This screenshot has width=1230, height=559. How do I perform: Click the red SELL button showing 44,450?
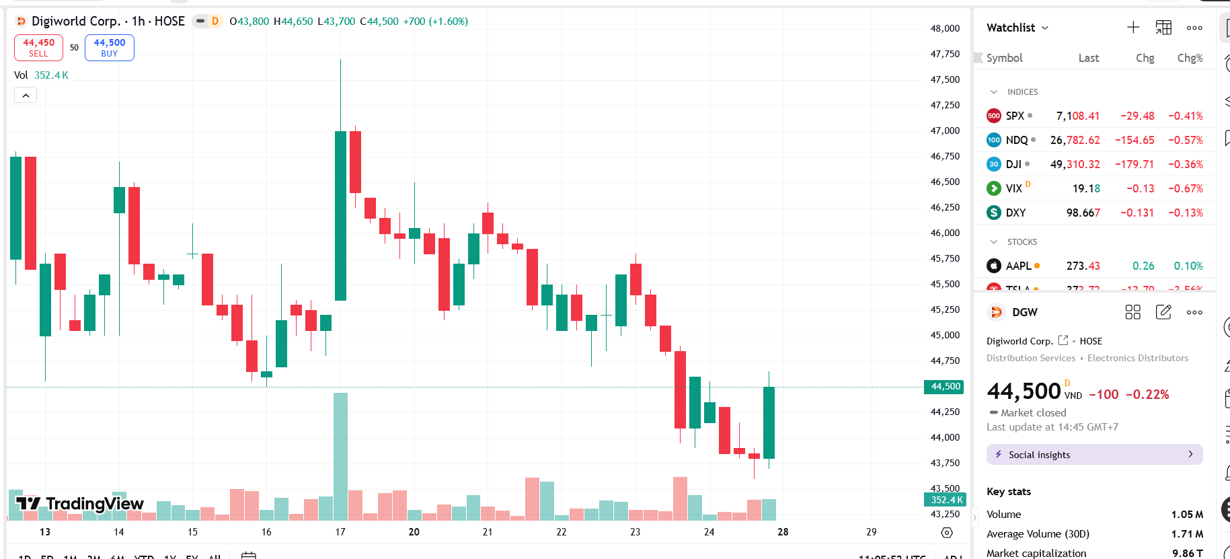(38, 48)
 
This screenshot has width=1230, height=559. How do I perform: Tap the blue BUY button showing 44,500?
(109, 48)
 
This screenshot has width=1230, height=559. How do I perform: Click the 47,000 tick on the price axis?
(945, 131)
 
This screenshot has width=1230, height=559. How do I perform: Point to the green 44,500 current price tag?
(945, 386)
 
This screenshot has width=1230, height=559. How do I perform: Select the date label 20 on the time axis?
(414, 532)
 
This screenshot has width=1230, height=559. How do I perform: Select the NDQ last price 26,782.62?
(1075, 140)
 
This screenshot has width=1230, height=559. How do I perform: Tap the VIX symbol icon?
(993, 188)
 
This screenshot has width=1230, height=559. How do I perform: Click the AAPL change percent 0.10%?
(1188, 266)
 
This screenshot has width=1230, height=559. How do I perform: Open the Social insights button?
(1094, 455)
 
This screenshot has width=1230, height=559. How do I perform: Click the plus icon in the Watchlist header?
(1133, 28)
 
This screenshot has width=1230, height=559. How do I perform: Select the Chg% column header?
(1190, 58)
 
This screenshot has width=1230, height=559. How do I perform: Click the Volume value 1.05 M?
(1187, 514)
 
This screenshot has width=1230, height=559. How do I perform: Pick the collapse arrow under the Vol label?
(26, 96)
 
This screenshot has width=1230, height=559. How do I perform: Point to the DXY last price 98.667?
(1083, 213)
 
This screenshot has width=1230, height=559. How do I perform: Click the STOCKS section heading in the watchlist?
(1022, 241)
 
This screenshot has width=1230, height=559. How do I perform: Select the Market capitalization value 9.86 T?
(1187, 553)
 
